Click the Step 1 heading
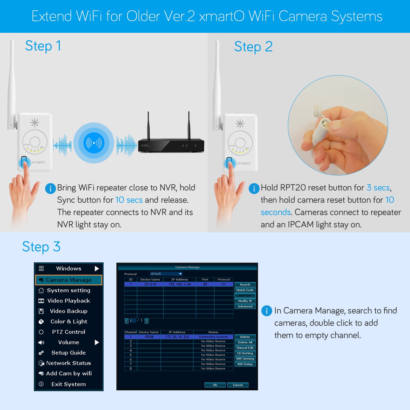click(43, 46)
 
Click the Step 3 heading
click(41, 247)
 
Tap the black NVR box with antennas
click(171, 145)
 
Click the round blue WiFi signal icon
click(94, 143)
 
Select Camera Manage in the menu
click(69, 280)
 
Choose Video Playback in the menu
click(69, 301)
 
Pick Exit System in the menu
click(69, 384)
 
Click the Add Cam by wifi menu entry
click(69, 373)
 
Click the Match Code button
click(245, 290)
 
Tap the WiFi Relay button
click(245, 364)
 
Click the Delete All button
click(245, 342)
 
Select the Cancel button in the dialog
click(238, 385)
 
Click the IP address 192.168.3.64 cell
click(180, 284)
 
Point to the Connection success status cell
click(213, 337)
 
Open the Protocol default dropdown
click(166, 274)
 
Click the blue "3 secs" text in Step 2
click(378, 188)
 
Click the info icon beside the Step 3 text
click(266, 311)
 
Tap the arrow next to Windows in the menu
click(97, 268)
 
